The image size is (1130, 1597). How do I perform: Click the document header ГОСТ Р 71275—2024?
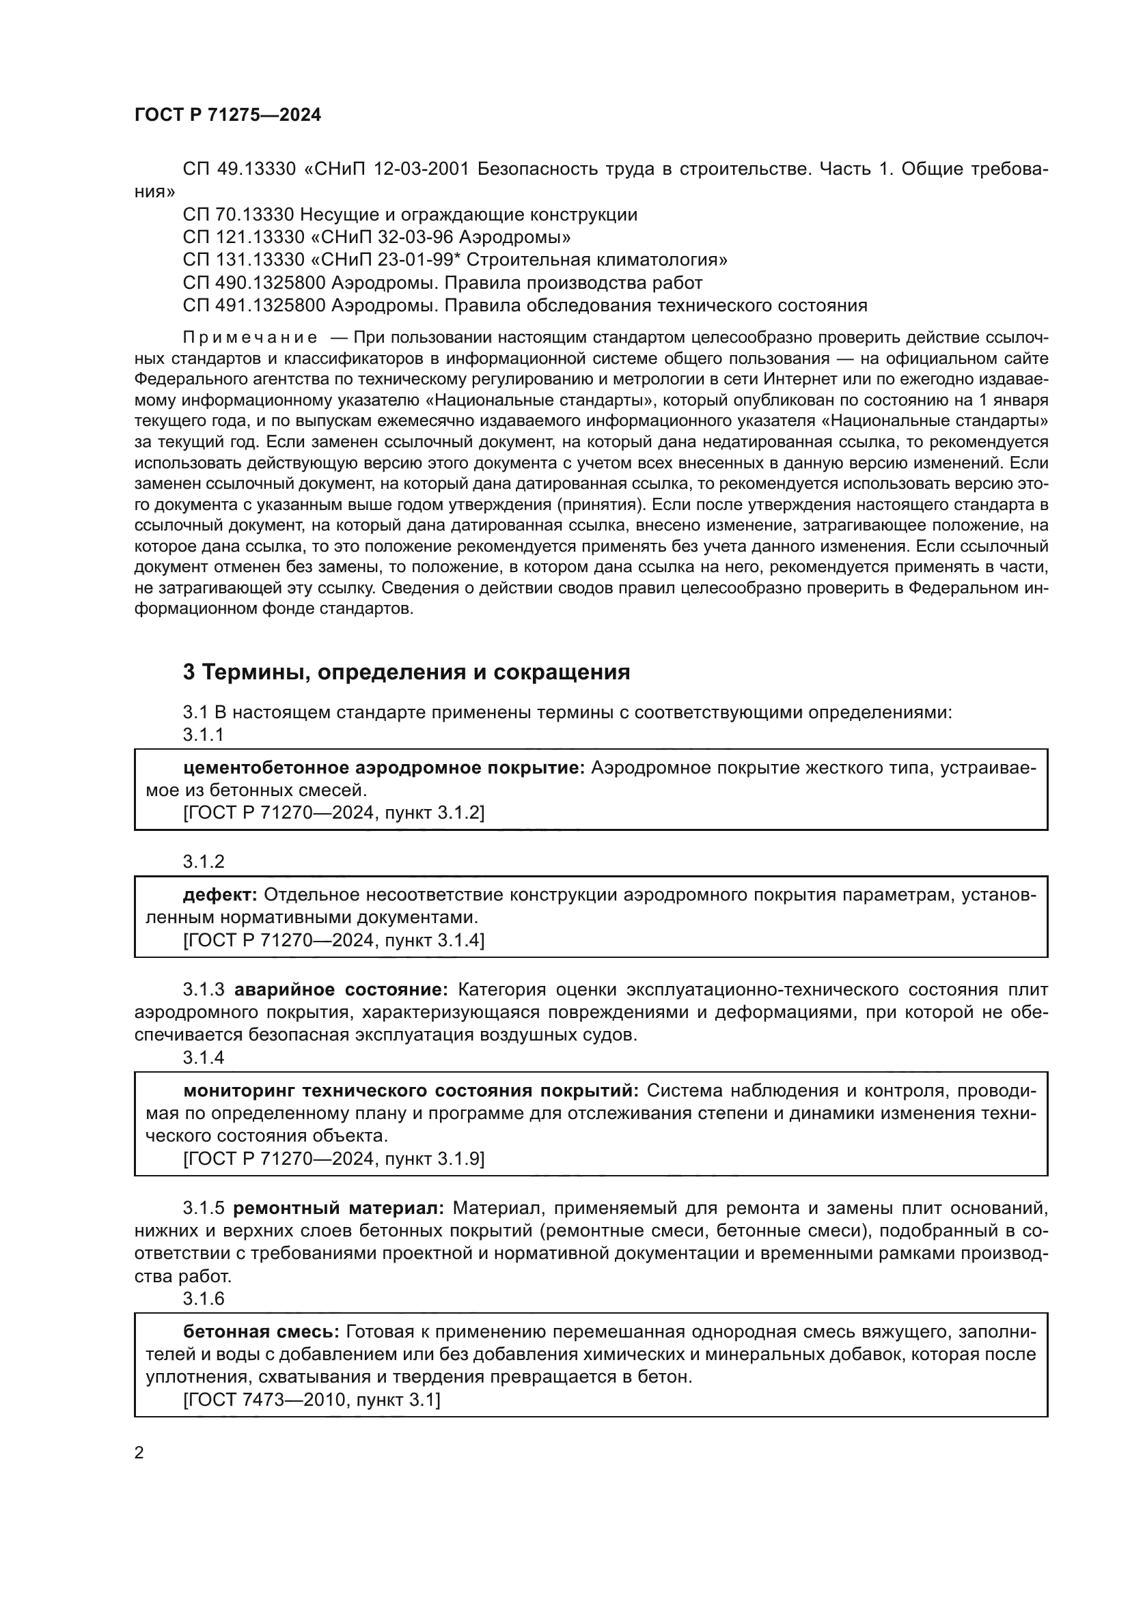[x=228, y=115]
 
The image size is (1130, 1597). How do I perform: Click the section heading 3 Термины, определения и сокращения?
[x=406, y=672]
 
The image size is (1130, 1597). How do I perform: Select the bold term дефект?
[x=220, y=894]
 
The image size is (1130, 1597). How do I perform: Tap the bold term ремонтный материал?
[x=338, y=1209]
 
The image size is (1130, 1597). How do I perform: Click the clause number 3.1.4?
[x=203, y=1057]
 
